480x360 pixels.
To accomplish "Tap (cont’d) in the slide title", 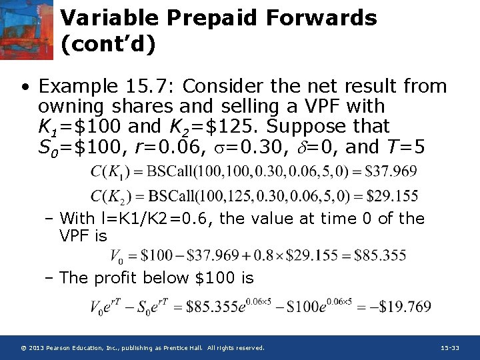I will click(x=108, y=45).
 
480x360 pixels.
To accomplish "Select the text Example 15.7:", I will click(x=107, y=86).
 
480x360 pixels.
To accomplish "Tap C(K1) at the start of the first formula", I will click(x=110, y=172).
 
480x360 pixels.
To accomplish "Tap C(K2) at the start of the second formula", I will click(x=110, y=197).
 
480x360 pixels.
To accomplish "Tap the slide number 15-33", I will click(x=450, y=348).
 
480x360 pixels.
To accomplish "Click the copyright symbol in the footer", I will click(x=23, y=348).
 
